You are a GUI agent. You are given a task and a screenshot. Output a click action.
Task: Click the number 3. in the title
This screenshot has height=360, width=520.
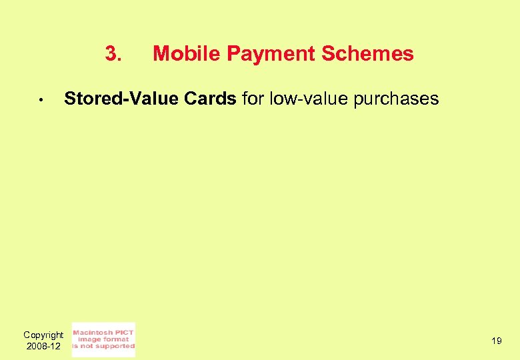(x=113, y=53)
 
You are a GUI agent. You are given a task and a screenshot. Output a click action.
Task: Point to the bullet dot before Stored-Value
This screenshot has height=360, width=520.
(x=41, y=101)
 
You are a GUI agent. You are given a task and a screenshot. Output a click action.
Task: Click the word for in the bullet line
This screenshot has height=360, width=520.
(x=253, y=99)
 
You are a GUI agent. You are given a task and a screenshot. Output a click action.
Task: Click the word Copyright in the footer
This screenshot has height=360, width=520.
(x=43, y=335)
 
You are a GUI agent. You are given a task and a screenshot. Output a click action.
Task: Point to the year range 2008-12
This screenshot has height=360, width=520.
(x=43, y=347)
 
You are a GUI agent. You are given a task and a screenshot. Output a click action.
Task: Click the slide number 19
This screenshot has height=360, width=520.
(x=496, y=341)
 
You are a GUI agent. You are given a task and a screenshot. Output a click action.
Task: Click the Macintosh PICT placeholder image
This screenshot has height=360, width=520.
(x=103, y=339)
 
